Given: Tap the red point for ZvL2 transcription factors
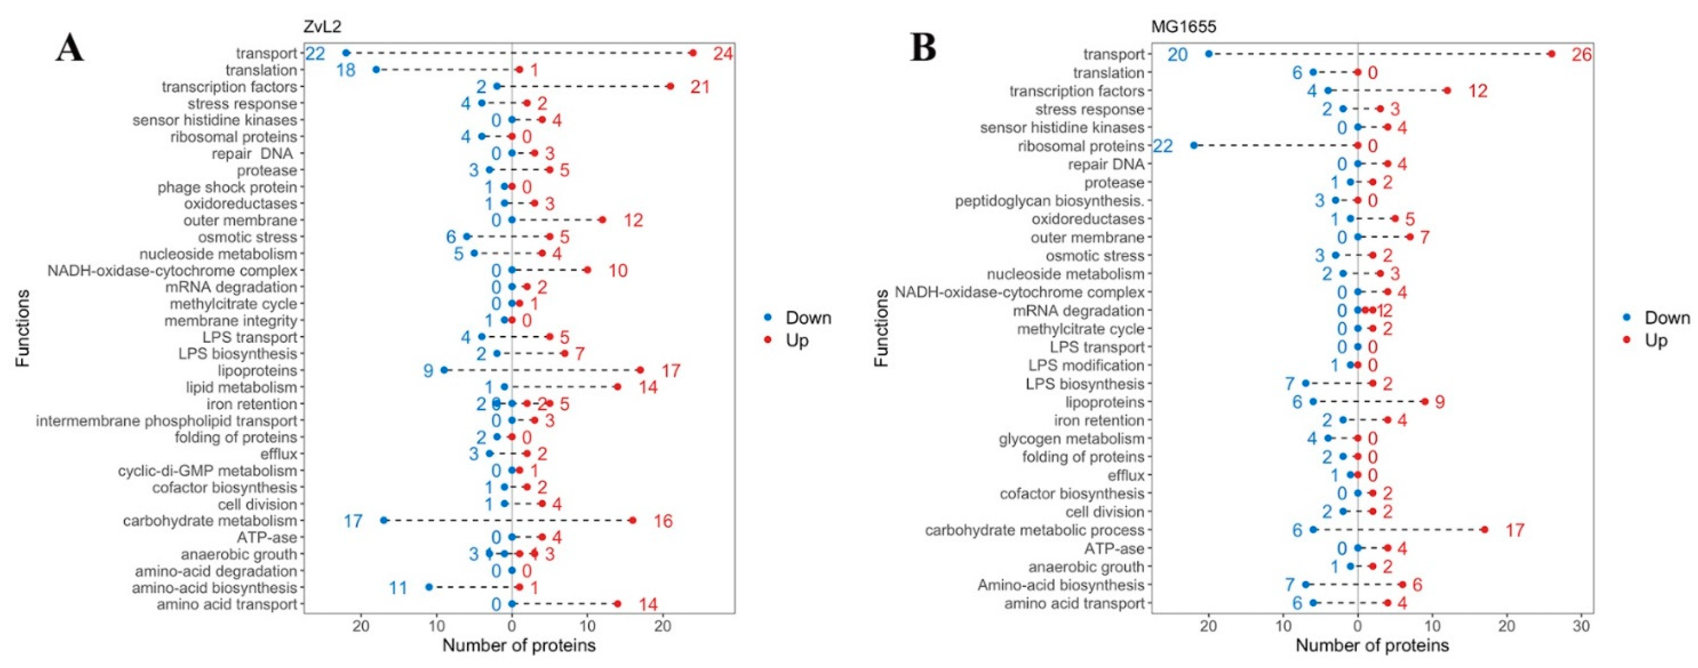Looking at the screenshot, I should tap(670, 86).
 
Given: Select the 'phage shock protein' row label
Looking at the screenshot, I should tap(227, 187).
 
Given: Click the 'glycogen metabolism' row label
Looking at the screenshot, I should tap(1071, 438).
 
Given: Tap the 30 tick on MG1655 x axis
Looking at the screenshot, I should tap(1581, 624).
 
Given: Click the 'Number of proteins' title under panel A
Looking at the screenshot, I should tap(519, 645).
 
